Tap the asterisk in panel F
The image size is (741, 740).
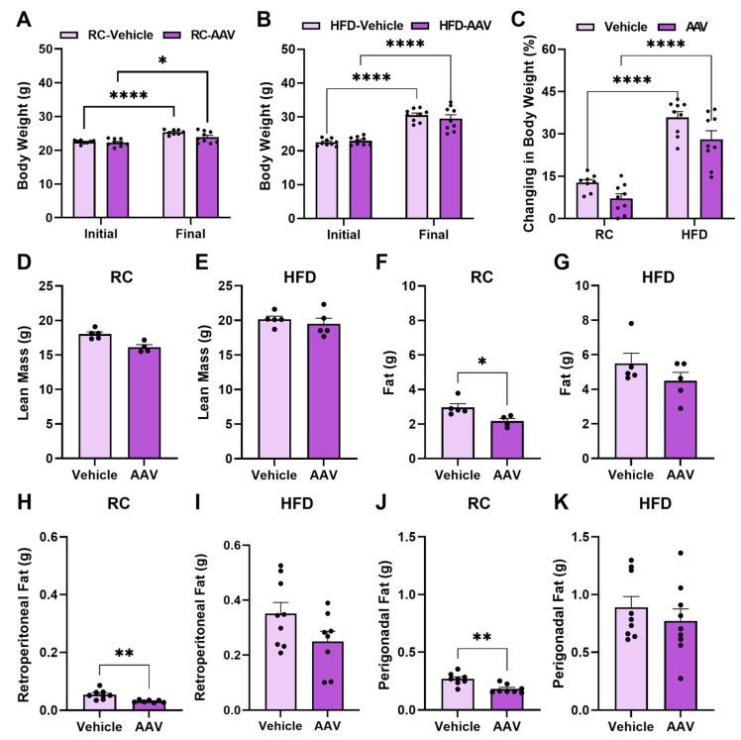point(454,364)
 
